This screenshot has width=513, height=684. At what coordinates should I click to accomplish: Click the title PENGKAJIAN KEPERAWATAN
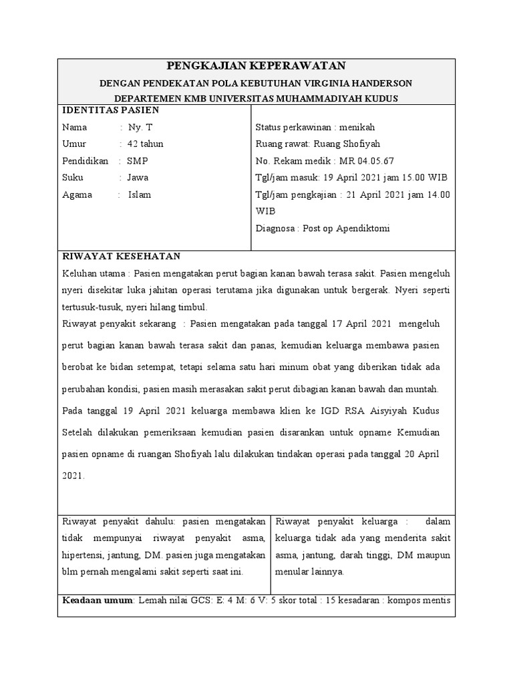pyautogui.click(x=256, y=65)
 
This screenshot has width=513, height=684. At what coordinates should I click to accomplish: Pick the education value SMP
pyautogui.click(x=138, y=161)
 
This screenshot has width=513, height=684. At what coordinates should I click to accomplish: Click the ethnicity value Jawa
pyautogui.click(x=138, y=178)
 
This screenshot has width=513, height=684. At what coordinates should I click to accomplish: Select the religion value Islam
pyautogui.click(x=140, y=195)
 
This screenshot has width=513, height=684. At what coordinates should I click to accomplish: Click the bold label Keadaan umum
pyautogui.click(x=98, y=600)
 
